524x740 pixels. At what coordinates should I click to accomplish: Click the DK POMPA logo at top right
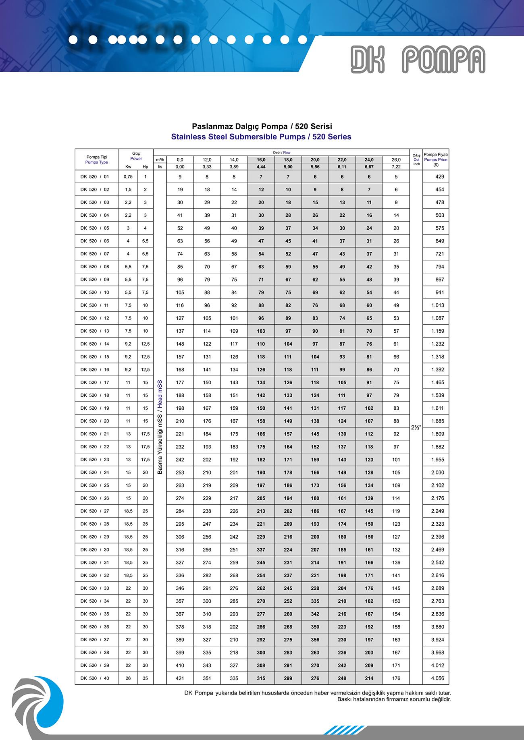coord(418,60)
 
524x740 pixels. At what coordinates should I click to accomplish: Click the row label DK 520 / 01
coord(95,177)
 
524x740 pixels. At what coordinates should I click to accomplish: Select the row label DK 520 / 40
coord(95,678)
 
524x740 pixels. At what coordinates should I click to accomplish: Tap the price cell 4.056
coord(437,678)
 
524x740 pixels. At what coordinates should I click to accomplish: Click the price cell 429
coord(439,177)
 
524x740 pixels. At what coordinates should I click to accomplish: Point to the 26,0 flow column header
coord(396,160)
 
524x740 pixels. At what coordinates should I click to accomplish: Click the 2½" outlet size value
coord(416,428)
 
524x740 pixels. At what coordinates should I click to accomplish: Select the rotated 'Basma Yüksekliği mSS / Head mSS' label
coord(160,427)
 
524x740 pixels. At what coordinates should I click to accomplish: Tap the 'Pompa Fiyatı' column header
coord(436,155)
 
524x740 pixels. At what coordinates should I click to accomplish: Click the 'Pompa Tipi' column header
coord(97,157)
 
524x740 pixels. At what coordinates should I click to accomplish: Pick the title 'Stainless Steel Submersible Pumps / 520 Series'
coord(261,137)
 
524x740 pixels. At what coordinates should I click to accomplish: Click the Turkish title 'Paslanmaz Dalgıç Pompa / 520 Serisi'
coord(262,127)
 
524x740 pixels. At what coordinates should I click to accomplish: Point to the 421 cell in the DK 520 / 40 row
coord(180,678)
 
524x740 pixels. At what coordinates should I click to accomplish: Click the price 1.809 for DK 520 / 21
coord(437,434)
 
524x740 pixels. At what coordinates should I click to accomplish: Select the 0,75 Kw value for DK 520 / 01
coord(128,177)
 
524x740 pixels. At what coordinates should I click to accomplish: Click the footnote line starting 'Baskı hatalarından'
coord(394,699)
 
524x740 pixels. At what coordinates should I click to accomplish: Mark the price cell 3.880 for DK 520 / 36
coord(437,627)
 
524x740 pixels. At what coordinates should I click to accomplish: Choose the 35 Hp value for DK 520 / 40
coord(145,678)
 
